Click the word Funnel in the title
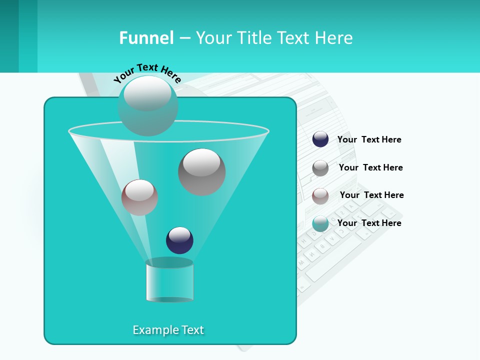[x=146, y=38]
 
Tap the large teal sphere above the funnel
[x=147, y=106]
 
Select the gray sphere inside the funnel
[x=202, y=172]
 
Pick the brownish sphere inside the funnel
[x=139, y=197]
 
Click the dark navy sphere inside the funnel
[x=179, y=240]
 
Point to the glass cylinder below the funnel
[x=169, y=281]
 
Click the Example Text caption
[x=168, y=330]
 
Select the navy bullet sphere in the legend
[x=320, y=139]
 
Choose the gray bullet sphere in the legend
[x=320, y=168]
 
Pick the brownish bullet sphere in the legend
[x=320, y=196]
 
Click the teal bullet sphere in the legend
[x=320, y=224]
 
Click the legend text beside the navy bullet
[x=369, y=139]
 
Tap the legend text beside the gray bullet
[x=370, y=167]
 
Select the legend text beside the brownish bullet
[x=371, y=195]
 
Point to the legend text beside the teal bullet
[x=369, y=223]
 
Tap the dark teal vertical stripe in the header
[x=9, y=36]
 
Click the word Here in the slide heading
[x=334, y=38]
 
